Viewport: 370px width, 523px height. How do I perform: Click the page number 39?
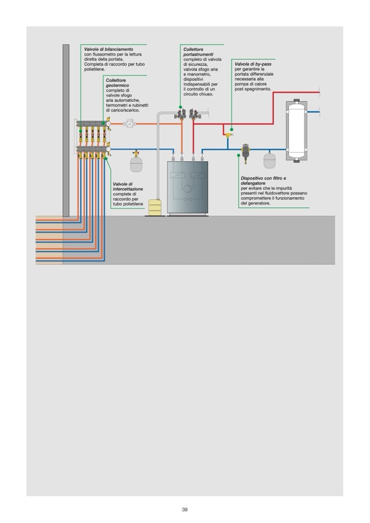click(184, 509)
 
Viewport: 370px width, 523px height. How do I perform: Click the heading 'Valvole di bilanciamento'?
click(109, 49)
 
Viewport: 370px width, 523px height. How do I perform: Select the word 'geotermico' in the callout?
click(118, 85)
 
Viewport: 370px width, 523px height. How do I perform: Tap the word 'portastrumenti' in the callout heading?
click(198, 54)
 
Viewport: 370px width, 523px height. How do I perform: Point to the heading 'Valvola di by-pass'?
click(253, 64)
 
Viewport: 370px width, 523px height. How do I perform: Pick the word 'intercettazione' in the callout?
click(128, 189)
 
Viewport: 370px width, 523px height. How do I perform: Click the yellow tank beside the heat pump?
click(156, 207)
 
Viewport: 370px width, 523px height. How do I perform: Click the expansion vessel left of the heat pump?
click(136, 164)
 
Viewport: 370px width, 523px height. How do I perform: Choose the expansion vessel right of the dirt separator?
click(270, 160)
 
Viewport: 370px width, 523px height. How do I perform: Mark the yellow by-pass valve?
click(228, 133)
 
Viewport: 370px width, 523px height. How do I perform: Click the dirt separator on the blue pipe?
click(246, 152)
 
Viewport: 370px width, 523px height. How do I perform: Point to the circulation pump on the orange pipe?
click(129, 124)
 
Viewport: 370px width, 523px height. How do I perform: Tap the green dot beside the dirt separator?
click(238, 155)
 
